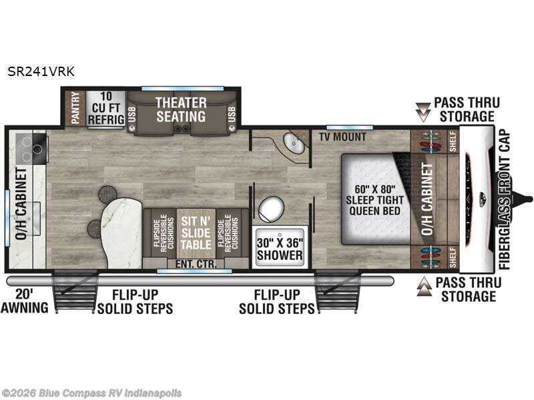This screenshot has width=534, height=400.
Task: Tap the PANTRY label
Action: click(x=75, y=107)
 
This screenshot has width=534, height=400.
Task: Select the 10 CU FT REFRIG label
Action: click(x=105, y=108)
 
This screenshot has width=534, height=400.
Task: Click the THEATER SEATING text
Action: click(x=181, y=110)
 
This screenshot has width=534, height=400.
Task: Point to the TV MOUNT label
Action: click(x=342, y=137)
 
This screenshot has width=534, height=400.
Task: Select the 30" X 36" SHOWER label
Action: click(x=280, y=249)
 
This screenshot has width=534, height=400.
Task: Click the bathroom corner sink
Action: click(x=293, y=143)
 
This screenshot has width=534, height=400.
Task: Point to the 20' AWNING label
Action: click(x=27, y=301)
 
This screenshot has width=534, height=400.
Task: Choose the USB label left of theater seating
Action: click(x=131, y=115)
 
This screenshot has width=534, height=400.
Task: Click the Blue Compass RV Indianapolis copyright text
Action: click(x=91, y=393)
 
